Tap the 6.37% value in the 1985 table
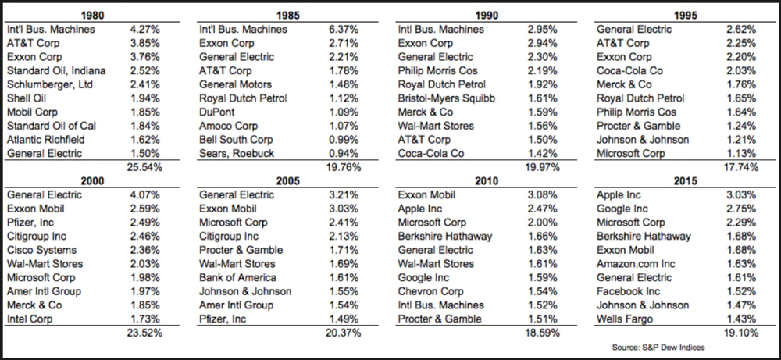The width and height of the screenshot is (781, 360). coord(341,30)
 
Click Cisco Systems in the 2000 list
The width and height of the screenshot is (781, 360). coord(41,250)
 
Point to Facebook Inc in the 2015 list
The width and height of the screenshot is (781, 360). coord(630,291)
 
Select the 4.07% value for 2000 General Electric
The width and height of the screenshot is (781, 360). coord(147,195)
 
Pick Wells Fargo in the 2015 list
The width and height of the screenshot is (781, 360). coord(625,319)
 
